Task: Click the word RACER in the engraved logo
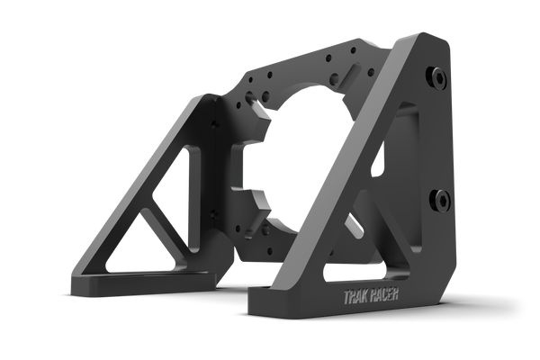tap(384, 295)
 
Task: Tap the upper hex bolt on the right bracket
tap(437, 78)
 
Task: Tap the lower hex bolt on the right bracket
tap(440, 200)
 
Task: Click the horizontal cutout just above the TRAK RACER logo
tap(365, 272)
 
